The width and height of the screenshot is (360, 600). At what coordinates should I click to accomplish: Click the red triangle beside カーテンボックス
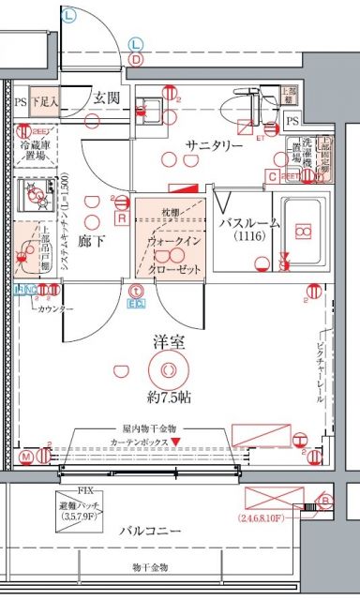pyautogui.click(x=176, y=441)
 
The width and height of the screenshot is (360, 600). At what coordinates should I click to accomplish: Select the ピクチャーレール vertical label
pyautogui.click(x=322, y=366)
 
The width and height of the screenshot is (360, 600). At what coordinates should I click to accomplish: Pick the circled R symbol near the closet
pyautogui.click(x=122, y=217)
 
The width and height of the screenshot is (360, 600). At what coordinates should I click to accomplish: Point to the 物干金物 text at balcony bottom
pyautogui.click(x=150, y=568)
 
